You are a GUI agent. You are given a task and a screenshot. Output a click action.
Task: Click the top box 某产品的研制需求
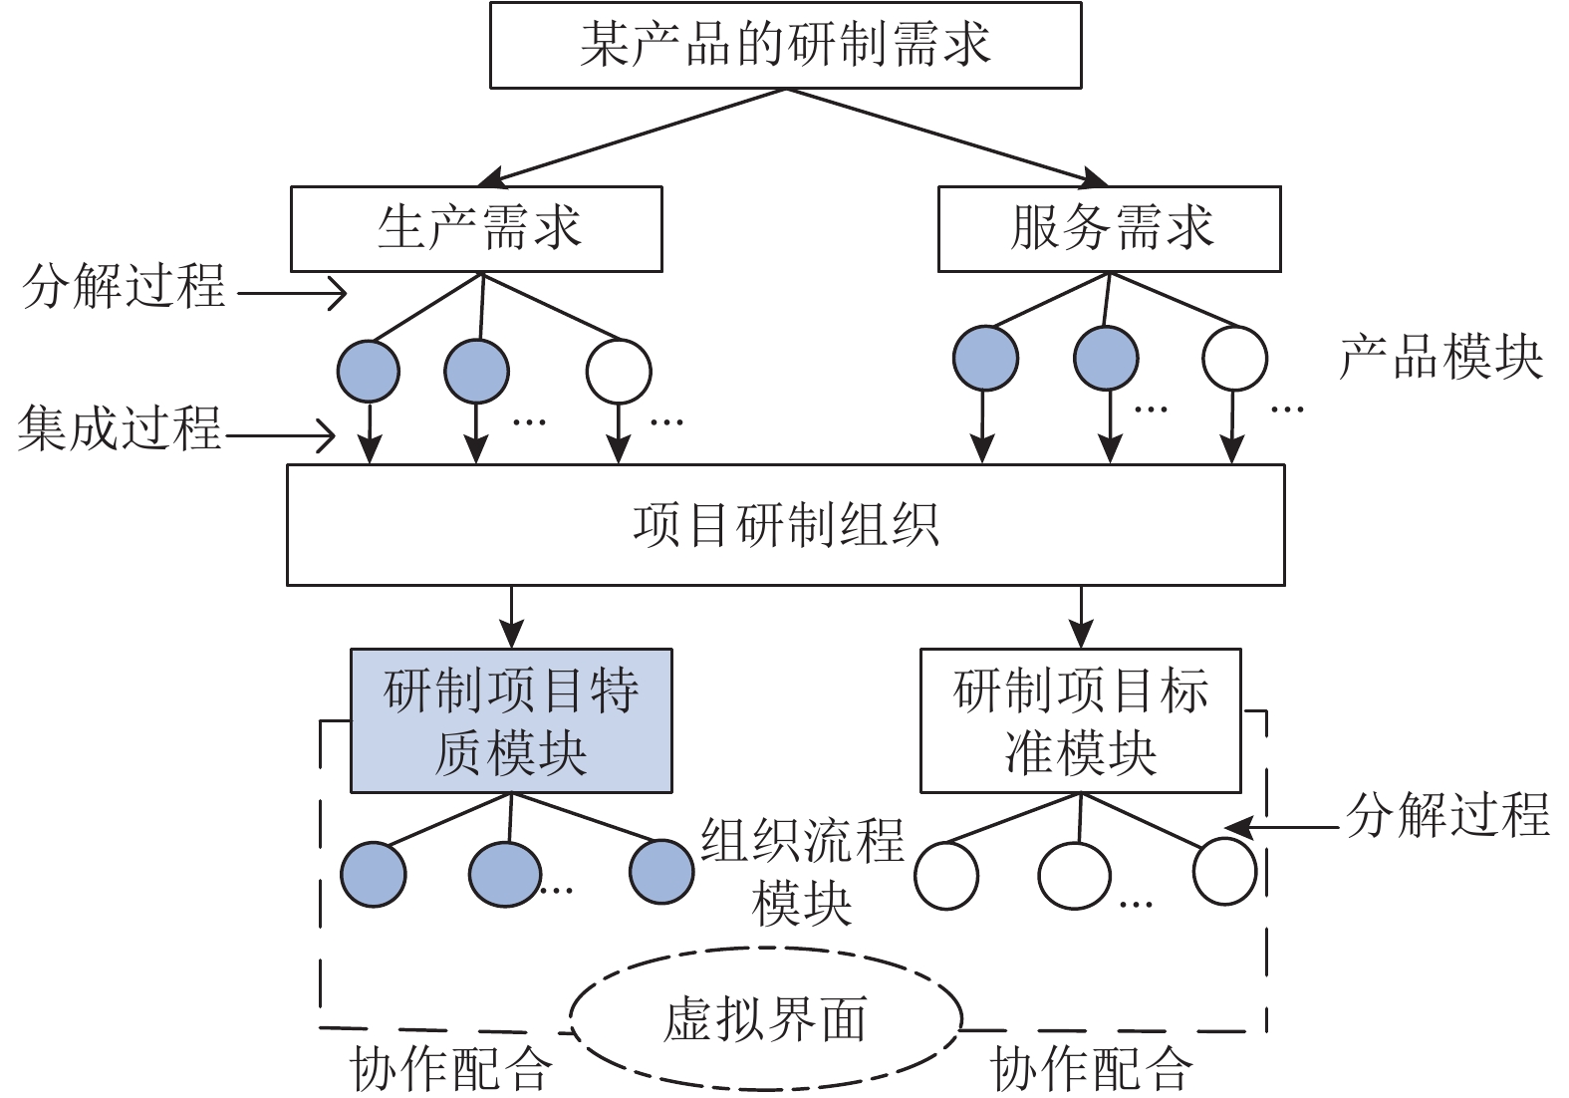pyautogui.click(x=785, y=45)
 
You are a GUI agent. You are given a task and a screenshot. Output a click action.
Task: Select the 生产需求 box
pyautogui.click(x=476, y=228)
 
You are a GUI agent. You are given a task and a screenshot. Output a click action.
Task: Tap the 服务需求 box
pyautogui.click(x=1109, y=228)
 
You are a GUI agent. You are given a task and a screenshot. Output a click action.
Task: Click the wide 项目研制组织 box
pyautogui.click(x=785, y=525)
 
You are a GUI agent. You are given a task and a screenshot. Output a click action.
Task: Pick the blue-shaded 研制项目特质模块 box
pyautogui.click(x=511, y=720)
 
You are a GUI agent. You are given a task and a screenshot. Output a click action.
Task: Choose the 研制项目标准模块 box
pyautogui.click(x=1080, y=720)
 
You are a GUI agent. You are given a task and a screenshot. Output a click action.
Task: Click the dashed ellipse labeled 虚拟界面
pyautogui.click(x=765, y=1019)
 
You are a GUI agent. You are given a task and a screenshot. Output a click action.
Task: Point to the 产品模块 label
pyautogui.click(x=1440, y=357)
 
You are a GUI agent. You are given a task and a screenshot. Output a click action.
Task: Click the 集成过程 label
pyautogui.click(x=120, y=429)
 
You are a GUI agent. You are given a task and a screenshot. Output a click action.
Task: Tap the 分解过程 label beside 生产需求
pyautogui.click(x=125, y=287)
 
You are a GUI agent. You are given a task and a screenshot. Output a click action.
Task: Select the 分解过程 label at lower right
pyautogui.click(x=1447, y=814)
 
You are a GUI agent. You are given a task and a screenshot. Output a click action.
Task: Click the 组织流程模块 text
pyautogui.click(x=802, y=872)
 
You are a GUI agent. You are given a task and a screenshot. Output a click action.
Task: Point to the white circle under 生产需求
pyautogui.click(x=619, y=371)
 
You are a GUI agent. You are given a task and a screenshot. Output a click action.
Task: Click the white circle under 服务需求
pyautogui.click(x=1234, y=359)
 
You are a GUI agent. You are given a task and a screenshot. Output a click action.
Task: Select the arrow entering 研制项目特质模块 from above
pyautogui.click(x=511, y=617)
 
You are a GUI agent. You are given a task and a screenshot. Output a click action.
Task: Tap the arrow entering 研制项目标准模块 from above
pyautogui.click(x=1081, y=617)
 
